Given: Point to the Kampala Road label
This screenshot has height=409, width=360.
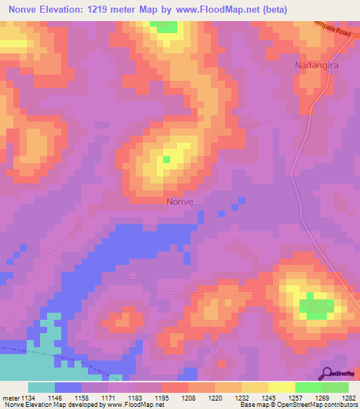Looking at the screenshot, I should (x=334, y=30).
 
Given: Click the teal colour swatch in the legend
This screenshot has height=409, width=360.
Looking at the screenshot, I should (x=41, y=387).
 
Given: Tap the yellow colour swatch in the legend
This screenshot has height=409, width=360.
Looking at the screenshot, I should (x=282, y=387).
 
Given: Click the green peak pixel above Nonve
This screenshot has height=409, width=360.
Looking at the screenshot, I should (x=167, y=160).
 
